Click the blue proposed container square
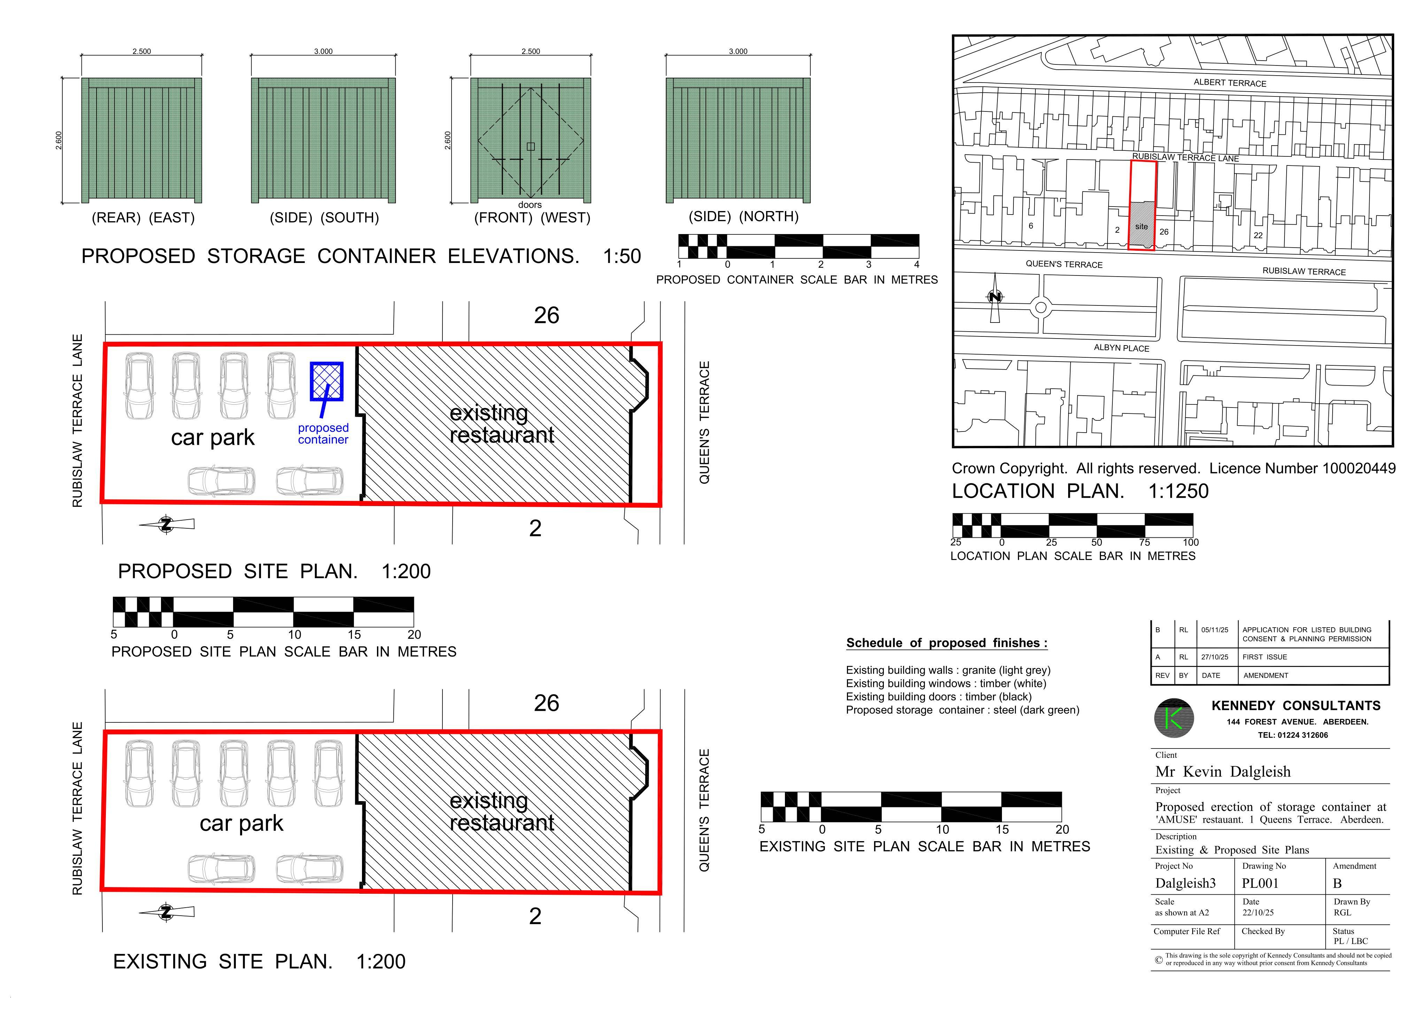326,381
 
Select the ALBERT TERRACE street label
1229,83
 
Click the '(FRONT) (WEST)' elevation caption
532,217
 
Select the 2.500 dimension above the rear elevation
142,51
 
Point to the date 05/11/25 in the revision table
1214,629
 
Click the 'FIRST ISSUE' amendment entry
1264,657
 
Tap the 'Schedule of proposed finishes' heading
947,643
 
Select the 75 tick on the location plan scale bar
1144,542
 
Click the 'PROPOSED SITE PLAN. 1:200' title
274,571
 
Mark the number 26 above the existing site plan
546,703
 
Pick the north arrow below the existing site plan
166,912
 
